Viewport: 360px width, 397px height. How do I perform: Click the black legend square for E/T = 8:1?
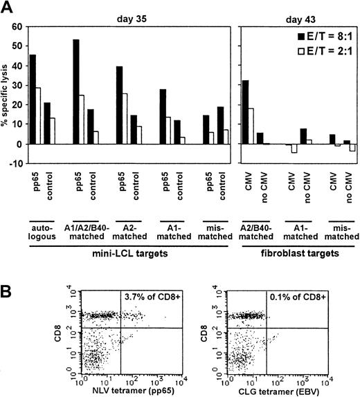(300, 36)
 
